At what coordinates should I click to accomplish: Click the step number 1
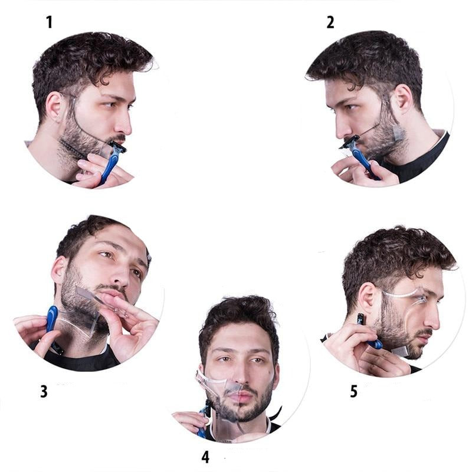pos(49,22)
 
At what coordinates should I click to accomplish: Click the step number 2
pos(330,22)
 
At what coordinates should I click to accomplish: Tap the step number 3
pos(44,391)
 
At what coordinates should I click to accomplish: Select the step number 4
pos(205,456)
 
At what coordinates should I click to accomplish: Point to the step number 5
pos(353,391)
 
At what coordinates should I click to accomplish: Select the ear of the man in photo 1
pos(55,107)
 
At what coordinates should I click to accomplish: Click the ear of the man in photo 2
pos(403,100)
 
